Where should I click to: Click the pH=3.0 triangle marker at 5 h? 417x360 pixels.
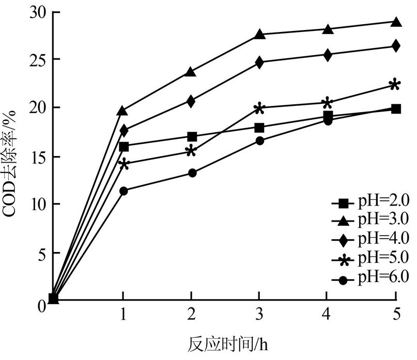pyautogui.click(x=396, y=22)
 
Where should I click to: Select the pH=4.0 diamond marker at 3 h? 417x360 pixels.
pyautogui.click(x=259, y=62)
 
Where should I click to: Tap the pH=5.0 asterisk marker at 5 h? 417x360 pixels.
pyautogui.click(x=395, y=85)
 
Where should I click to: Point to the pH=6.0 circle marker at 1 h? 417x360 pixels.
pyautogui.click(x=123, y=191)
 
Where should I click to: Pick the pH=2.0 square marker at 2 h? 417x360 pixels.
pyautogui.click(x=192, y=137)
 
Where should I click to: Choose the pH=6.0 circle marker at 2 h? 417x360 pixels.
pyautogui.click(x=192, y=173)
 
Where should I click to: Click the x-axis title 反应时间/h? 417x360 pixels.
pyautogui.click(x=227, y=343)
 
